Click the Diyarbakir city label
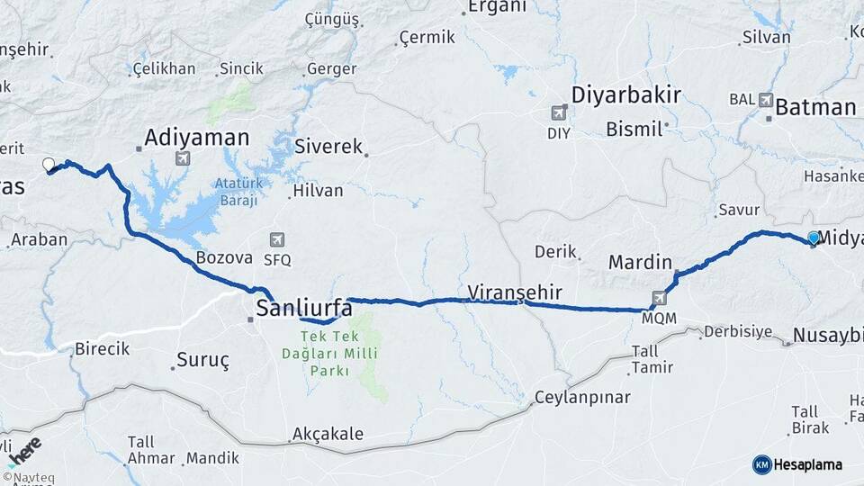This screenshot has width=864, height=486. click(x=626, y=95)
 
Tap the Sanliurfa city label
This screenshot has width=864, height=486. click(x=304, y=309)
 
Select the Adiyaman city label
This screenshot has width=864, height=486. click(x=197, y=138)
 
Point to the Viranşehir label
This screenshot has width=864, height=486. click(x=515, y=292)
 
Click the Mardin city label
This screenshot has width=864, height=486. click(x=640, y=262)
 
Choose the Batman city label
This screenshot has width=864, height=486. click(x=815, y=107)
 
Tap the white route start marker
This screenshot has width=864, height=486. click(x=49, y=165)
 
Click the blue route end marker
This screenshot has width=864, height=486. click(x=814, y=238)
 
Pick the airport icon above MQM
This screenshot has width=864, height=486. click(x=660, y=298)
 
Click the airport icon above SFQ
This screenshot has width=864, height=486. click(x=277, y=239)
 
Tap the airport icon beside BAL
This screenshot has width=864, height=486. click(x=766, y=100)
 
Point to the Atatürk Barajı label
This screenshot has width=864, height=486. click(x=237, y=192)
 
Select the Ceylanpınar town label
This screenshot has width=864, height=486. click(x=583, y=397)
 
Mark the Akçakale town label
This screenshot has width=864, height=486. click(x=328, y=434)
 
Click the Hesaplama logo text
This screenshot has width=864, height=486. click(x=807, y=464)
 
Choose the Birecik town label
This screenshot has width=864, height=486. click(x=103, y=348)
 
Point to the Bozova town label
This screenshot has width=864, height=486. click(x=224, y=257)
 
